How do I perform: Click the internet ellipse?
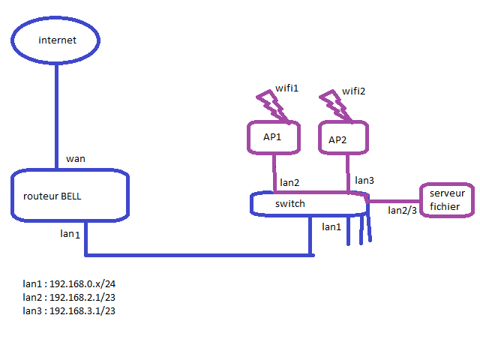coord(55,18)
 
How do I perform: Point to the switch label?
coord(290,203)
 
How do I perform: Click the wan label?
coord(76,159)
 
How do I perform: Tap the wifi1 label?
coord(286,88)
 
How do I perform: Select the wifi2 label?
coord(353,91)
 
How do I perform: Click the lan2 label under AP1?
coord(289,182)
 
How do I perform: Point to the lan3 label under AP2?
coord(364,180)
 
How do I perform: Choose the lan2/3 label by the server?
coord(402,210)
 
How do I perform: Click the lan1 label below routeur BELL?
coord(70,234)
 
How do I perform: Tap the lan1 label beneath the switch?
coord(331,226)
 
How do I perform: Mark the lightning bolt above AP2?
coord(336,106)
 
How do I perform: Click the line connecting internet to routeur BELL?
coord(57,116)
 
